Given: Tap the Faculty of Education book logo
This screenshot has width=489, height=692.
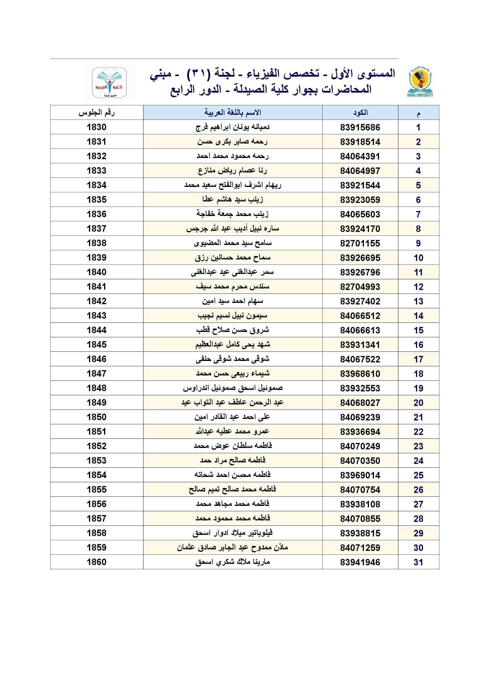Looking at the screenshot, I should [109, 82].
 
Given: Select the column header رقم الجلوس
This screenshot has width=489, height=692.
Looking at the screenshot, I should [97, 113].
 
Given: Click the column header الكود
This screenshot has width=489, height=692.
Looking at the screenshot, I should [360, 113].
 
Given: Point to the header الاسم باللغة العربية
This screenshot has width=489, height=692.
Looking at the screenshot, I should [232, 113].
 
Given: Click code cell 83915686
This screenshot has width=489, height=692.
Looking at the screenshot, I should [360, 128].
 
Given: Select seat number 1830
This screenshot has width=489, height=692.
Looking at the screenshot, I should [97, 127].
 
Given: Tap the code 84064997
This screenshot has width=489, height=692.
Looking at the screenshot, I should [360, 171].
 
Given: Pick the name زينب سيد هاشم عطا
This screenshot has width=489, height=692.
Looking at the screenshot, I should [232, 199].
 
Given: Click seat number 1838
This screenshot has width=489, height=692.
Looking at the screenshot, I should [97, 243].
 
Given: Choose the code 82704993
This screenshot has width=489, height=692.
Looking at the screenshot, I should [360, 287].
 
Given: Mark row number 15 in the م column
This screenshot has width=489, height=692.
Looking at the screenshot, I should [418, 330].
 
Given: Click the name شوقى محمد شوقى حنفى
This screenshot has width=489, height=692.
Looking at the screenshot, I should [232, 359].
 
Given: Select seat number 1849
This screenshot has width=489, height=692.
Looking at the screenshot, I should [97, 402].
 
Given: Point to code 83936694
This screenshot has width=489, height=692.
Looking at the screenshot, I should [360, 432].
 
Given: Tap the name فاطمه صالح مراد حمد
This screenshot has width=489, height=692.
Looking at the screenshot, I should [232, 460].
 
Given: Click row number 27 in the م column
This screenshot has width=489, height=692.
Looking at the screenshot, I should [418, 504].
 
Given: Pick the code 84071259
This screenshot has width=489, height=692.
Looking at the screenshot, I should [360, 548].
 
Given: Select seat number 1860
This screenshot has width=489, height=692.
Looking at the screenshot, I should [97, 562].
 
